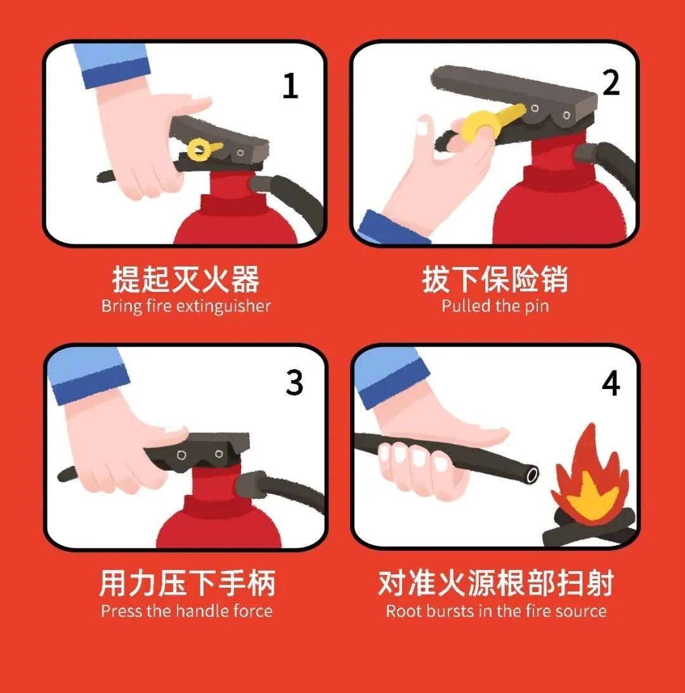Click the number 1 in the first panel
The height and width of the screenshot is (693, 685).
[290, 86]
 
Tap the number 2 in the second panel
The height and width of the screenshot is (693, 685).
[611, 82]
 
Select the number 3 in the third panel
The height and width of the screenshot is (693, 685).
[294, 383]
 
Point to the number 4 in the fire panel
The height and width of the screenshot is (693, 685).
[611, 383]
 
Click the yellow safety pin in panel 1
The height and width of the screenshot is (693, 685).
[203, 149]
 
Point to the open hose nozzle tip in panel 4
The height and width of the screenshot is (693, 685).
[532, 475]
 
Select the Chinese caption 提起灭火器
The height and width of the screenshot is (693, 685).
[186, 279]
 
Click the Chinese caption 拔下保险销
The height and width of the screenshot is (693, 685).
[495, 279]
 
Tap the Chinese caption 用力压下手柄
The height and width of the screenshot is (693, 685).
[187, 583]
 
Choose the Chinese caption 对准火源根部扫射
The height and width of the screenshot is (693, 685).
[496, 583]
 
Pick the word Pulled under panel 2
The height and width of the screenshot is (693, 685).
[466, 306]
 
